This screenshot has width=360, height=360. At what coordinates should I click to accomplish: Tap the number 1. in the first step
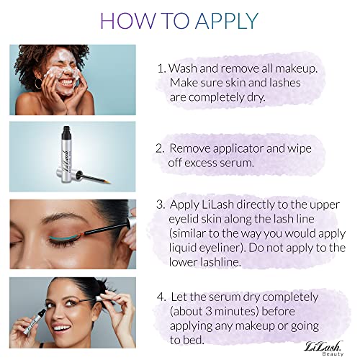tap(161, 68)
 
